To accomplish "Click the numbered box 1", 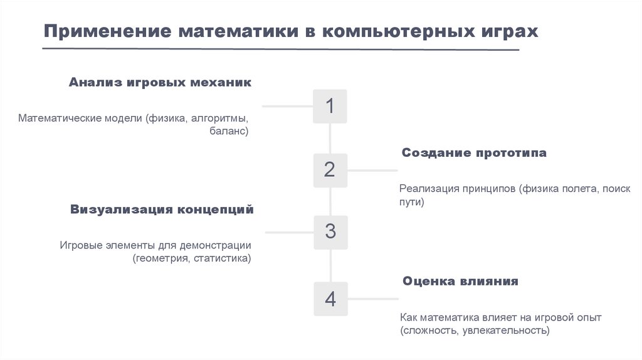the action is (330, 106).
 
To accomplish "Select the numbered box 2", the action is (330, 169).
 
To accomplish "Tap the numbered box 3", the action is (330, 232).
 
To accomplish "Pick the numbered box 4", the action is (330, 299).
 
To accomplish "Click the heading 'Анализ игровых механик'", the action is (160, 83).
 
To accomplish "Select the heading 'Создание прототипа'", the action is (474, 153).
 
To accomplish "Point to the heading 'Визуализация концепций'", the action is (162, 209).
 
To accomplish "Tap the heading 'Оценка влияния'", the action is (460, 281).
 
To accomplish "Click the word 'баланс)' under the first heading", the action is (229, 132).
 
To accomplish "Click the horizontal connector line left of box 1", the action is (287, 106).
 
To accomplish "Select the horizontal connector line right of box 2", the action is (372, 170).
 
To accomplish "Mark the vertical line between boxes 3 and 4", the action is (330, 266).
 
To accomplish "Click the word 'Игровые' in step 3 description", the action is (80, 245).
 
